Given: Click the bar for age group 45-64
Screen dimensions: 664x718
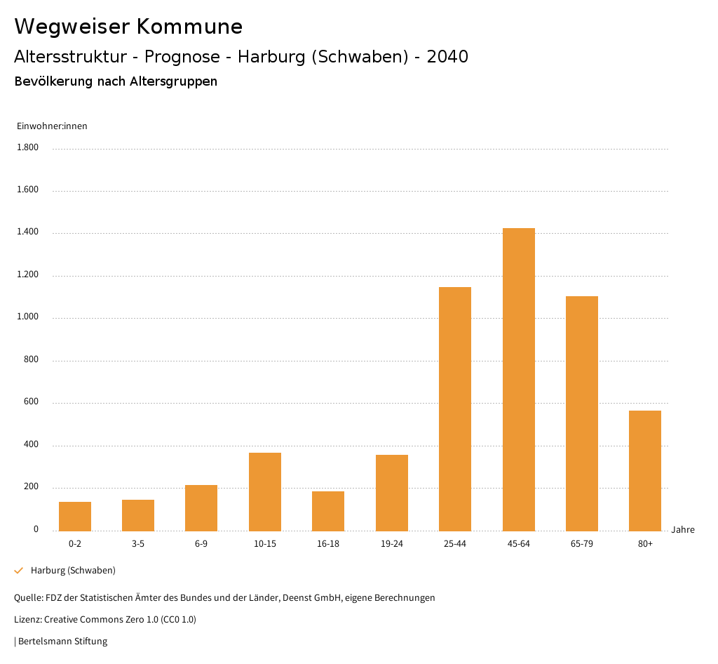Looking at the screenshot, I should [x=518, y=379].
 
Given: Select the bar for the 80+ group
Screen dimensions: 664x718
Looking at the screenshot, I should [x=645, y=470].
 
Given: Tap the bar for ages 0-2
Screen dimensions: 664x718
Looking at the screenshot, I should [x=75, y=516].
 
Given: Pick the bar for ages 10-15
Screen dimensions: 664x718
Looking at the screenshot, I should [x=265, y=491].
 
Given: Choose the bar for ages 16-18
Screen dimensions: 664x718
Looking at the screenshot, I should [x=328, y=511].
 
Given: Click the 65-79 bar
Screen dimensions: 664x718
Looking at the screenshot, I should [x=582, y=413].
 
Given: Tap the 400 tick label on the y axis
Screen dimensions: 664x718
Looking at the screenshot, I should [x=31, y=445].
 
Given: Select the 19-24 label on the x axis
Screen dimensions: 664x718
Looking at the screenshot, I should [x=392, y=544].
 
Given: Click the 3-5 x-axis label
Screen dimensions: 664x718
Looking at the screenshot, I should [x=138, y=544].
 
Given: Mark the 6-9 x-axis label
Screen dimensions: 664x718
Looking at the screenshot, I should [x=201, y=544].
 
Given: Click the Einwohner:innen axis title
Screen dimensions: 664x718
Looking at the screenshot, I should [x=52, y=126].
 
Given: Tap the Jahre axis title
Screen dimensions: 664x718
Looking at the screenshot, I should [x=683, y=530].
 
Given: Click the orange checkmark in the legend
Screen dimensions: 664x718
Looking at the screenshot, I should [x=19, y=571].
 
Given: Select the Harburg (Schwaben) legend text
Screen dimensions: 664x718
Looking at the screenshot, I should [x=73, y=571].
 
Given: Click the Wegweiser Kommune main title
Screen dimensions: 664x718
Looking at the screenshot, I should [x=128, y=27].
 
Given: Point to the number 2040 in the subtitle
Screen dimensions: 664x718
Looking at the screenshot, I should [x=447, y=57].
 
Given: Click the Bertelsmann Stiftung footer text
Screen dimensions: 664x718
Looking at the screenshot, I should [x=62, y=642].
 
